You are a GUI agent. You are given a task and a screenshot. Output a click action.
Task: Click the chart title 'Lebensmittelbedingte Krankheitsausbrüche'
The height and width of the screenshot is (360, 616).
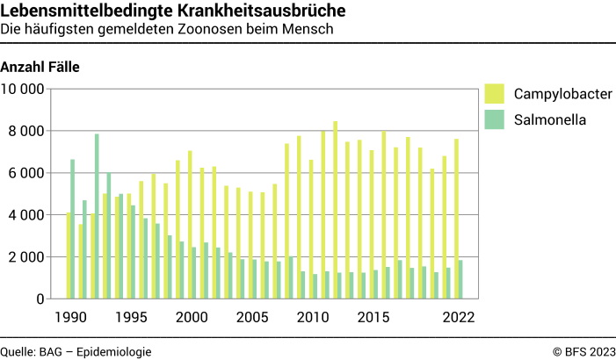pos(172,11)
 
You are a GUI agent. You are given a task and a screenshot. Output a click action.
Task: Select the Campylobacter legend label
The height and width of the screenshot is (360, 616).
pos(562,94)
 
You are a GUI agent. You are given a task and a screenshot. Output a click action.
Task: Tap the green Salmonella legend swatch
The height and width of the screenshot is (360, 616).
pos(494,119)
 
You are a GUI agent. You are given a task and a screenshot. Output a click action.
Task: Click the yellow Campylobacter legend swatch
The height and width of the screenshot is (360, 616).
pos(494,94)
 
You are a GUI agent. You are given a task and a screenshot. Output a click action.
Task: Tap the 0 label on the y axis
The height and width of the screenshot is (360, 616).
pos(40,299)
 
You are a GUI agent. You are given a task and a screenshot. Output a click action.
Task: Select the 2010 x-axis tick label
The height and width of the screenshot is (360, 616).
pos(312,317)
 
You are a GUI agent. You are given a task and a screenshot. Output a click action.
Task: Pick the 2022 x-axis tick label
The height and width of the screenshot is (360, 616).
pos(458,317)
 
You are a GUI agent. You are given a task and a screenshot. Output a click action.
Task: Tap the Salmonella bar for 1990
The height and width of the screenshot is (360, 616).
pos(73,228)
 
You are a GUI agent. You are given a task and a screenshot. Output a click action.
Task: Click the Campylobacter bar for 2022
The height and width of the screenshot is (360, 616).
pos(456,219)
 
